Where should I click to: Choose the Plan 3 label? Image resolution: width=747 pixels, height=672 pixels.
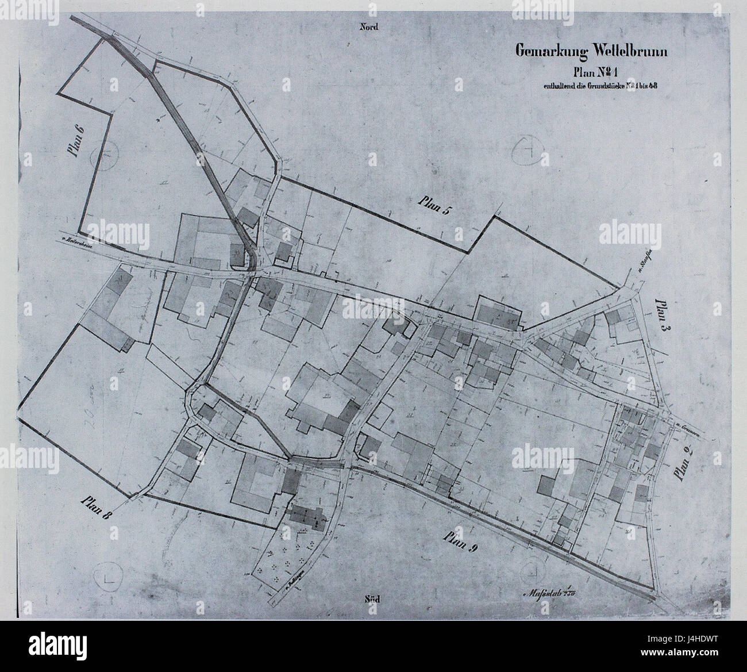pos(662,313)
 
